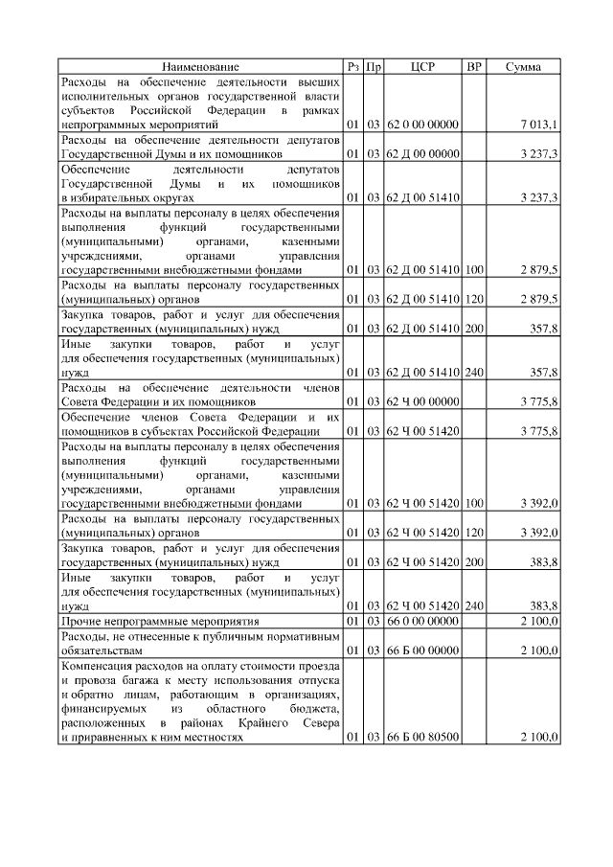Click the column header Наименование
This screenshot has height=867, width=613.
[200, 67]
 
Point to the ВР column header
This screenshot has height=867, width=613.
[473, 67]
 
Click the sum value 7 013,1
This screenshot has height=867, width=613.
[539, 125]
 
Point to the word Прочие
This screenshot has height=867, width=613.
[79, 624]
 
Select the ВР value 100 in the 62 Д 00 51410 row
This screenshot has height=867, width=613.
[473, 271]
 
